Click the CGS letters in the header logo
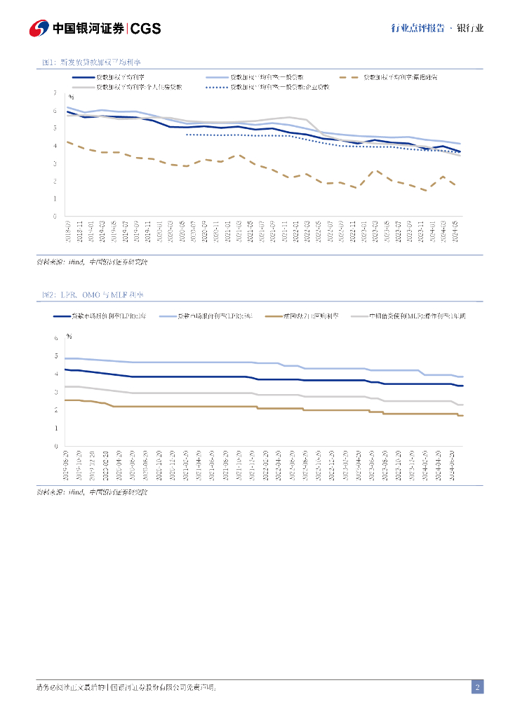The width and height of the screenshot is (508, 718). click(x=146, y=29)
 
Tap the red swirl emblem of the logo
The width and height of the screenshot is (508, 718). click(x=39, y=29)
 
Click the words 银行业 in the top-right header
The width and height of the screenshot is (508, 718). click(x=469, y=29)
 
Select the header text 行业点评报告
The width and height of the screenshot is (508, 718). click(x=417, y=29)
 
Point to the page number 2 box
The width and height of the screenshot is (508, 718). click(x=477, y=687)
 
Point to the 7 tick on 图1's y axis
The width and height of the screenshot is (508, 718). click(x=55, y=93)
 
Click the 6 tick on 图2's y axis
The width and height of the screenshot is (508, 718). click(x=57, y=338)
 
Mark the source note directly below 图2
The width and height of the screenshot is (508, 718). click(x=92, y=493)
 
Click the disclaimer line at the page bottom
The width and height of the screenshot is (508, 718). click(x=126, y=688)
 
